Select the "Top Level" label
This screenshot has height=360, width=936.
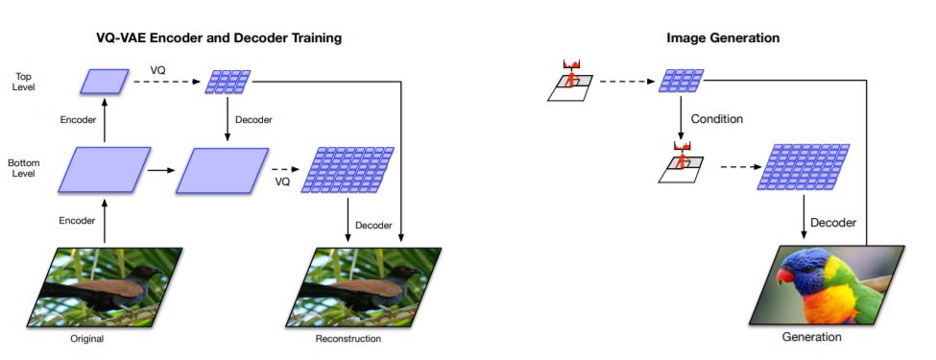(x=24, y=81)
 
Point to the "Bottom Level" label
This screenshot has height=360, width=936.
(x=24, y=169)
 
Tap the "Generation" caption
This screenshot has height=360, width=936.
(x=811, y=337)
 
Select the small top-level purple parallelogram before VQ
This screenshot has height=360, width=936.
(x=105, y=82)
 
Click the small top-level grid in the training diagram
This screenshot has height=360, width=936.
(x=228, y=82)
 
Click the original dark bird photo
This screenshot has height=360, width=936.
(x=111, y=287)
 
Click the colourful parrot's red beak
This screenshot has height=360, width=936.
(x=785, y=278)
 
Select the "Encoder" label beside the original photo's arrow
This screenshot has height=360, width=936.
(x=77, y=221)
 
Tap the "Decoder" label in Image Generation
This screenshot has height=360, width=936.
(x=832, y=223)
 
